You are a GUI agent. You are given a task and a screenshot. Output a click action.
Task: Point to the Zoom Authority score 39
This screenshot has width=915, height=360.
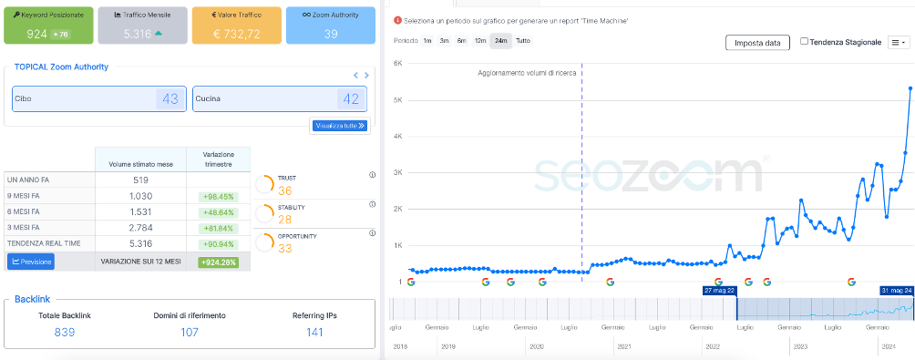point(330,34)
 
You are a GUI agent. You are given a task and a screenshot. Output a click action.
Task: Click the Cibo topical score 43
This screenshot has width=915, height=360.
point(170,98)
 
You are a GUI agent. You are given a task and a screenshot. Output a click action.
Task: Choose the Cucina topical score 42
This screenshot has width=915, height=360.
point(350,98)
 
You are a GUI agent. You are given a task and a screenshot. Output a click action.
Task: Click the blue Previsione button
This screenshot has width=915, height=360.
point(31,262)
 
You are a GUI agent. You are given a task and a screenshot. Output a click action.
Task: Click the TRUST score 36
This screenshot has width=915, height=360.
point(285,190)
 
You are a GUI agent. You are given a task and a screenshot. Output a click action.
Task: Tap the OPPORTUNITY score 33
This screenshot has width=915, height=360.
point(285,248)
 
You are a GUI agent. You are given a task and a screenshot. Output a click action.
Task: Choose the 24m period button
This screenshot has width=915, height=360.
point(500,41)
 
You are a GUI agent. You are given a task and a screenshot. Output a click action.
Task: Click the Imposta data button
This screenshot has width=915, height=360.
point(757,42)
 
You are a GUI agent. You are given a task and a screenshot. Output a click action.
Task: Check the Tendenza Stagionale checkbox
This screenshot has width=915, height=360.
point(804,42)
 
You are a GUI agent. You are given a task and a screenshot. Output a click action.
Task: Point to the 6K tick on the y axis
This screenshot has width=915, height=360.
point(397,64)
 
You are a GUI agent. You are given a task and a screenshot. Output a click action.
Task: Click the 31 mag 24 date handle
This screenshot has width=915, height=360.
point(897,290)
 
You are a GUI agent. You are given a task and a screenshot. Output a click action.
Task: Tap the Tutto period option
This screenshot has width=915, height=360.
point(523,41)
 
